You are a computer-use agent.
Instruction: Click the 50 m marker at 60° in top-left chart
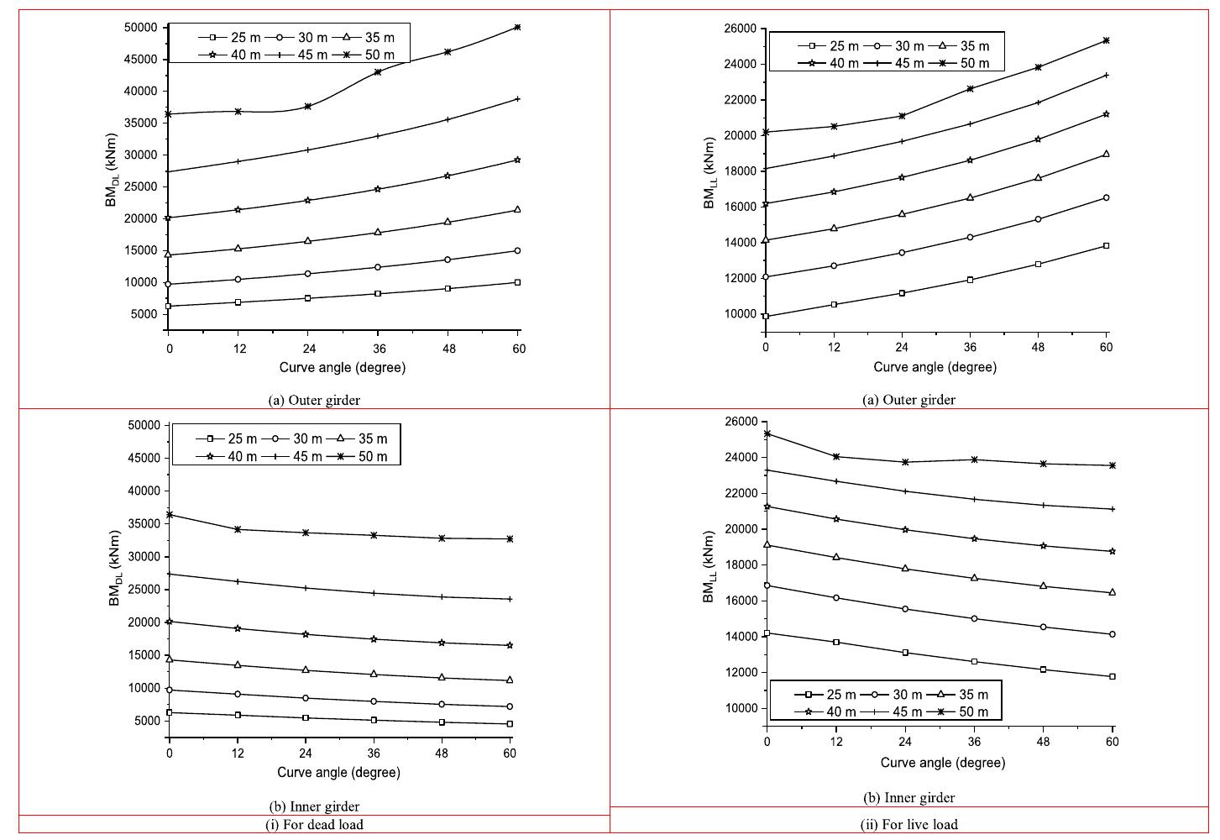click(x=517, y=27)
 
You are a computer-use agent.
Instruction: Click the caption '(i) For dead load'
click(x=314, y=824)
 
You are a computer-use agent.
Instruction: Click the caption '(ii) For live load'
click(x=908, y=824)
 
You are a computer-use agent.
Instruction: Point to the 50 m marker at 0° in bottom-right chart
click(x=767, y=433)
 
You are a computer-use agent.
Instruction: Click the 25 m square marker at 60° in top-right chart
click(x=1106, y=245)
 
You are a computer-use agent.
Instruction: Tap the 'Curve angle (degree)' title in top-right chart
click(x=935, y=367)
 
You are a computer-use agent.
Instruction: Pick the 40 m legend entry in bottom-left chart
click(x=228, y=456)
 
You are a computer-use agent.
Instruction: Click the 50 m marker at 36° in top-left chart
click(x=377, y=71)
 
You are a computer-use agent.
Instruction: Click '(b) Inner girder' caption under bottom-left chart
click(x=314, y=806)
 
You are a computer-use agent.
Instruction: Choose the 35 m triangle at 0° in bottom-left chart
click(x=170, y=659)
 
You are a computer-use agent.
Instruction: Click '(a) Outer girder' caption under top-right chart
click(x=908, y=400)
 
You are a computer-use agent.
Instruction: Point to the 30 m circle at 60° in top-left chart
click(x=517, y=250)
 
